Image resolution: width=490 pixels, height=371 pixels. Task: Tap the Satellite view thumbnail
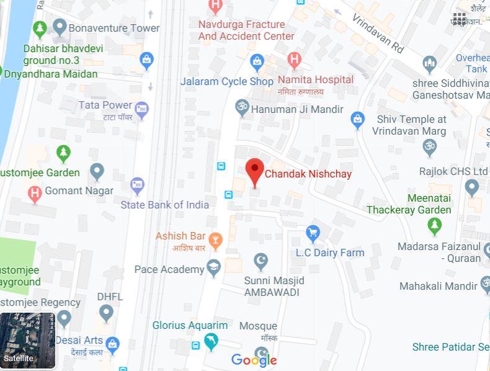click(27, 341)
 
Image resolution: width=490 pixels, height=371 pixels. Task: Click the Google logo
click(254, 360)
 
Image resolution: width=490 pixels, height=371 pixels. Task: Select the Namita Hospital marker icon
click(295, 60)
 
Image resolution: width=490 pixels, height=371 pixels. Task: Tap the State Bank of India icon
click(138, 184)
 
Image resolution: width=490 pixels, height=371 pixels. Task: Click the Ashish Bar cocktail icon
click(215, 239)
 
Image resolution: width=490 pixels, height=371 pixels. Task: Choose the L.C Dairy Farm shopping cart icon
click(313, 233)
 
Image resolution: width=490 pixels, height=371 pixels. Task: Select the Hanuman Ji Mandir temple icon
click(242, 107)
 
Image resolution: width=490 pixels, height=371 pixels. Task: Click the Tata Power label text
click(105, 105)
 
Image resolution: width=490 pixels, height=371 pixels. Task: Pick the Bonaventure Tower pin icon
click(60, 27)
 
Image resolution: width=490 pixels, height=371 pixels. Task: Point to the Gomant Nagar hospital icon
click(35, 193)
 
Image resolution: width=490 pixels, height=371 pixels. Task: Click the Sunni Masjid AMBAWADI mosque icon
click(261, 261)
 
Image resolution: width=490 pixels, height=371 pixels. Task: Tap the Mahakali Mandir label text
click(439, 287)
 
